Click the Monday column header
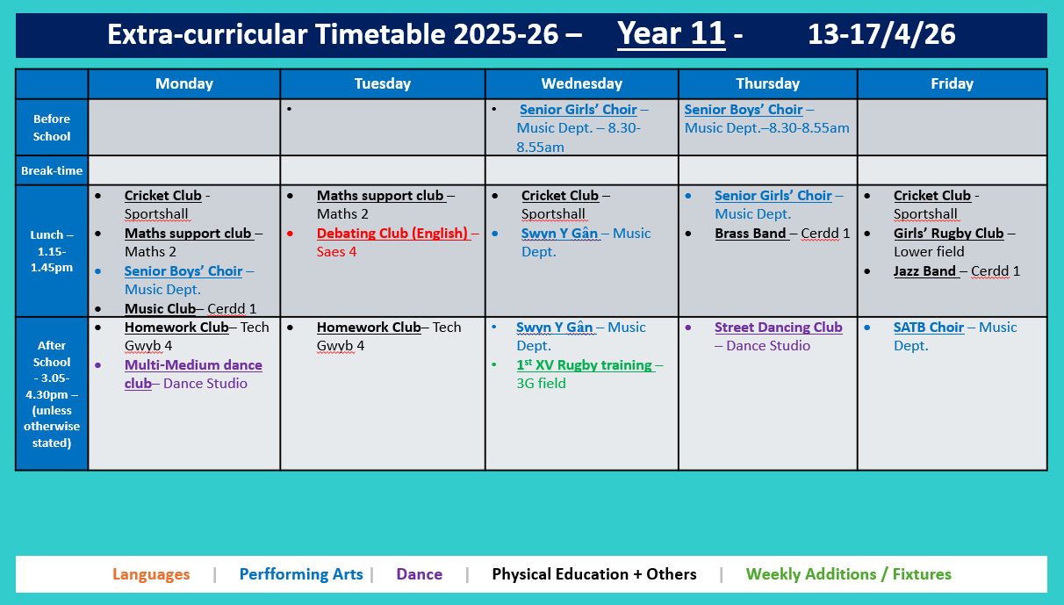pos(183,83)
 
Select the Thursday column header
pos(767,83)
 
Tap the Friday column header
pos(952,83)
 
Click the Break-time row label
pos(52,170)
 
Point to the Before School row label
pos(52,127)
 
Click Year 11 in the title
pos(671,34)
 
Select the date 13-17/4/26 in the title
pos(881,34)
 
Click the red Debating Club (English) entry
pos(392,234)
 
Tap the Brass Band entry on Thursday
pos(751,234)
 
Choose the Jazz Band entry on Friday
pos(925,271)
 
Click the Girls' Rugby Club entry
pos(948,234)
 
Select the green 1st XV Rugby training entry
pos(584,365)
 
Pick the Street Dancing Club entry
pos(778,328)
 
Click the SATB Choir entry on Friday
pos(929,328)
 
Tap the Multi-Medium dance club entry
pos(193,365)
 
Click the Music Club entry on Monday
pos(160,309)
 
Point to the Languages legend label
pos(151,574)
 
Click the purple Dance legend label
pos(419,574)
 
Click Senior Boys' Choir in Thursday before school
pos(744,110)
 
